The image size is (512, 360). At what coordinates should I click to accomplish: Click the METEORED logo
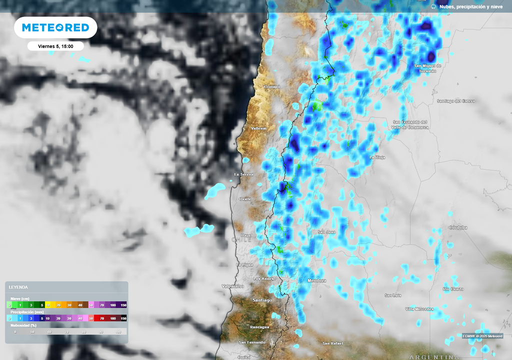[x=55, y=27]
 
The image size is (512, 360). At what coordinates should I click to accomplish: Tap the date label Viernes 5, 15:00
[x=55, y=46]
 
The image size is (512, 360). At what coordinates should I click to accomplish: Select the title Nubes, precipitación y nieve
[x=470, y=6]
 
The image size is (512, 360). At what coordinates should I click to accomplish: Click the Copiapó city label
[x=272, y=86]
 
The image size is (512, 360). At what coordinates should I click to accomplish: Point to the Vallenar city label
[x=259, y=128]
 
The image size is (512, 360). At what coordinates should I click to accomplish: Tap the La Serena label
[x=244, y=174]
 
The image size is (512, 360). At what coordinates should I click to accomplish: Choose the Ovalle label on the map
[x=245, y=199]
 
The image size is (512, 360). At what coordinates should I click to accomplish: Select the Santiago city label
[x=262, y=300]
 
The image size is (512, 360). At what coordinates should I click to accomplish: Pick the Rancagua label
[x=259, y=327]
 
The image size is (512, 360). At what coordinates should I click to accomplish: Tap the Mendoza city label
[x=317, y=280]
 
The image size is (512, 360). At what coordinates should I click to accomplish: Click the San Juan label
[x=327, y=232]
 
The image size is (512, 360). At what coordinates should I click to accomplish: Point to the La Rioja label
[x=377, y=157]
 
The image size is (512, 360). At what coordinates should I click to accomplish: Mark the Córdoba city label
[x=458, y=227]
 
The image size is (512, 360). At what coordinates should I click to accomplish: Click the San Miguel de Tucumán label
[x=428, y=68]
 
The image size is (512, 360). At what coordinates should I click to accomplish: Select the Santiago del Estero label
[x=456, y=101]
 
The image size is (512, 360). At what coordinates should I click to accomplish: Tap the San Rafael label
[x=333, y=343]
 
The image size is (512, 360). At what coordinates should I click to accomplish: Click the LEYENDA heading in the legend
[x=18, y=287]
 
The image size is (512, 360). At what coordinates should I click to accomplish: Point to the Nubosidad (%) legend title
[x=24, y=325]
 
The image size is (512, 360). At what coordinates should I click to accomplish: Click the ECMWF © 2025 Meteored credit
[x=482, y=336]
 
